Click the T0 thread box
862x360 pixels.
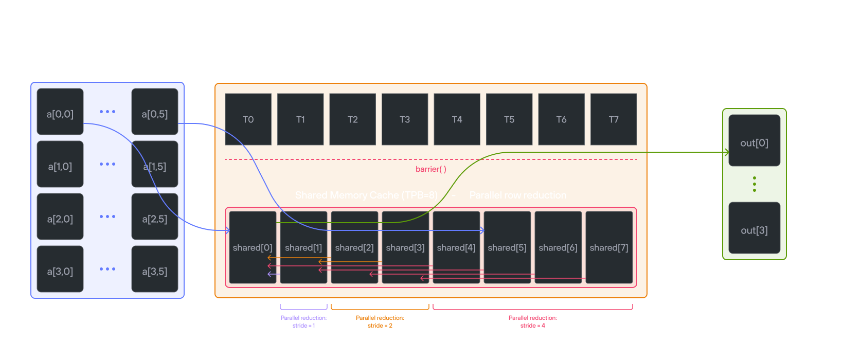(248, 119)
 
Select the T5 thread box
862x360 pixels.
(509, 119)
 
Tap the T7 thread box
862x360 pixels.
(614, 119)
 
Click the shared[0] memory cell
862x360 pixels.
(252, 247)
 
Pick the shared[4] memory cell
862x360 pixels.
(456, 247)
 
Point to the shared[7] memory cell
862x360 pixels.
(609, 247)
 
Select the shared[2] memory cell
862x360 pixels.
(354, 247)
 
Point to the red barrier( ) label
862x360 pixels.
(431, 169)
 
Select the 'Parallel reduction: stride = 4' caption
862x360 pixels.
(532, 321)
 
